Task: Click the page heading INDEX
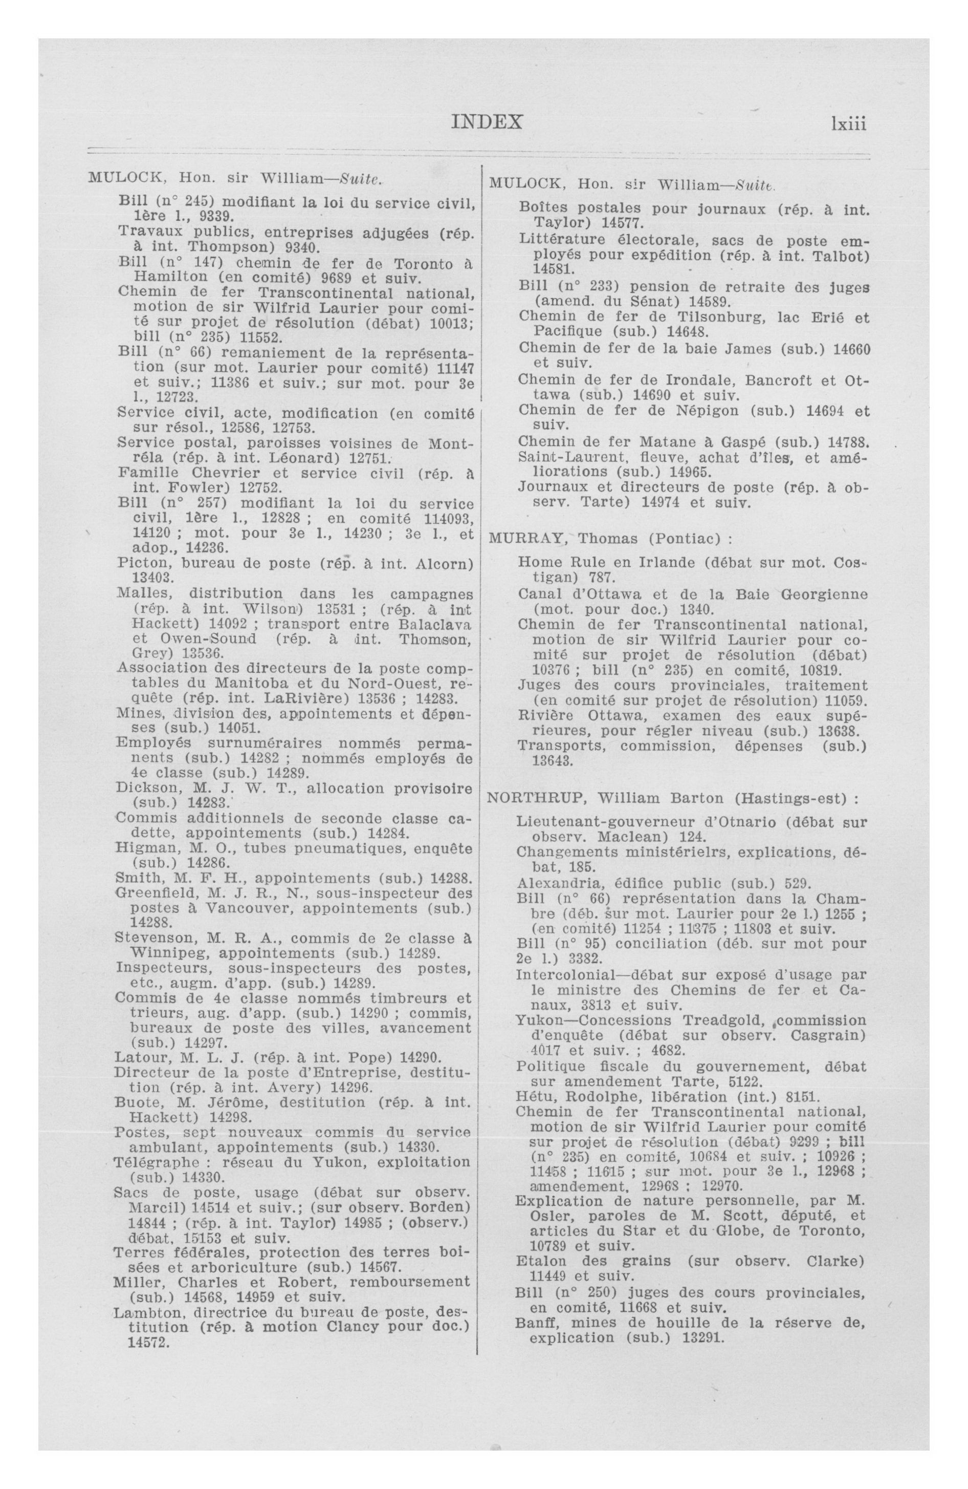click(486, 121)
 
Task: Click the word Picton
click(140, 563)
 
